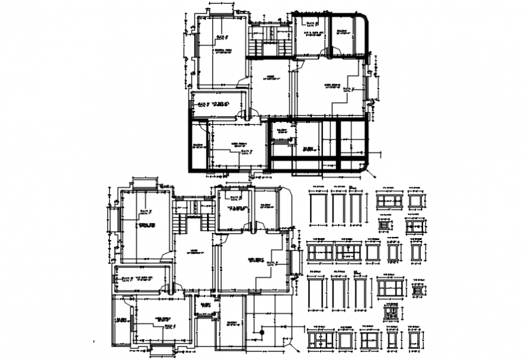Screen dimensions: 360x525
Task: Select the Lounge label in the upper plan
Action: [270, 78]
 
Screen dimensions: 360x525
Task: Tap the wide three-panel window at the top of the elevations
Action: [389, 201]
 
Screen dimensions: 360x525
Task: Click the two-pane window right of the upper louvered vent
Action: [414, 226]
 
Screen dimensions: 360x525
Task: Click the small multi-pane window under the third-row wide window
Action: [391, 312]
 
